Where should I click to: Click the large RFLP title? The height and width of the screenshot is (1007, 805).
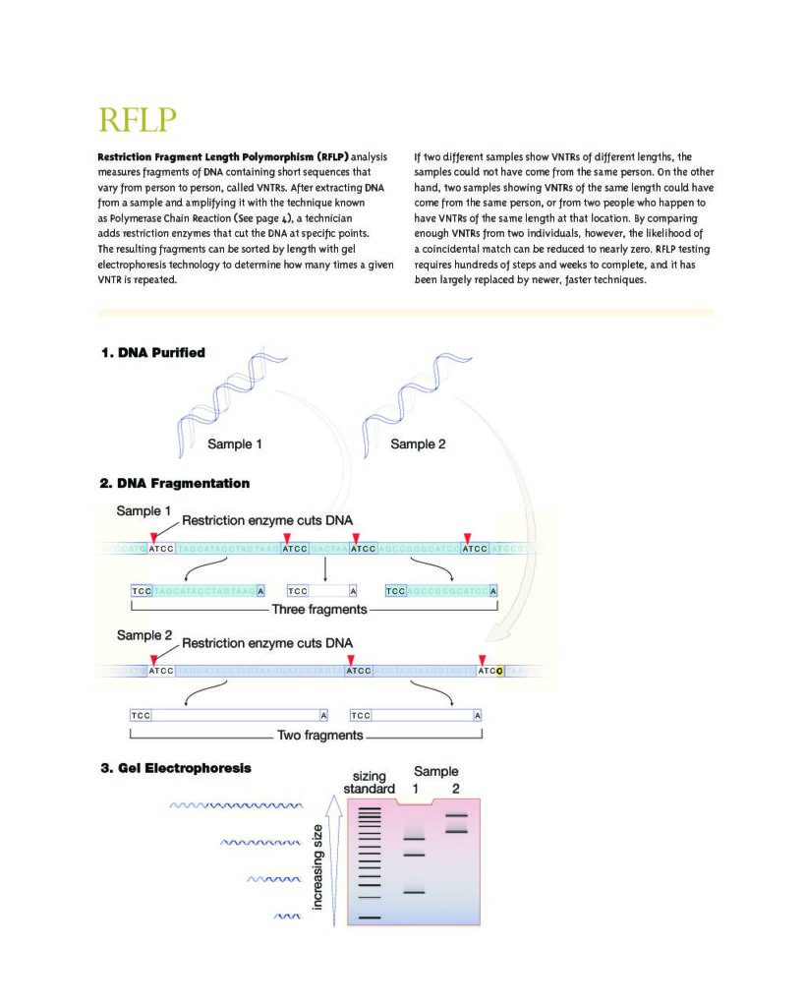pos(138,120)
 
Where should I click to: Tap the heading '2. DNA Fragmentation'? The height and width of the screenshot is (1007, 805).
pos(174,483)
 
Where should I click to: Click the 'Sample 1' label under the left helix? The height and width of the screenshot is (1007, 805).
pos(234,444)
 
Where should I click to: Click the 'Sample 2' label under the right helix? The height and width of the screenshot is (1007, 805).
pos(418,444)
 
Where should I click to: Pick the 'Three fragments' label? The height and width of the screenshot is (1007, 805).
pos(319,611)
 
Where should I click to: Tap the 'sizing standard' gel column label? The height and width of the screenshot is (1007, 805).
pos(369,782)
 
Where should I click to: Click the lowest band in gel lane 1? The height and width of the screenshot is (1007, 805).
pos(414,892)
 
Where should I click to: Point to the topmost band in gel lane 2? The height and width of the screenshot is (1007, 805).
pos(456,815)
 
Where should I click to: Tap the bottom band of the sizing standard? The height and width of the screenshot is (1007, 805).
pos(369,917)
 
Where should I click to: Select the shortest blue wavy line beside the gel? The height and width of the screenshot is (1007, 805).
pos(286,917)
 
